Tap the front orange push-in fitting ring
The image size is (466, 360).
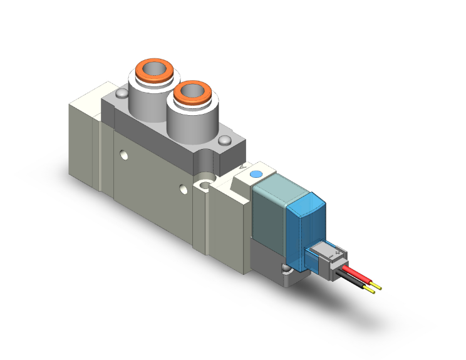pos(192,92)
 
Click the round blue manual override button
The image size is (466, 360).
pos(255,175)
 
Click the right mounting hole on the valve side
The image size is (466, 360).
pos(182,188)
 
